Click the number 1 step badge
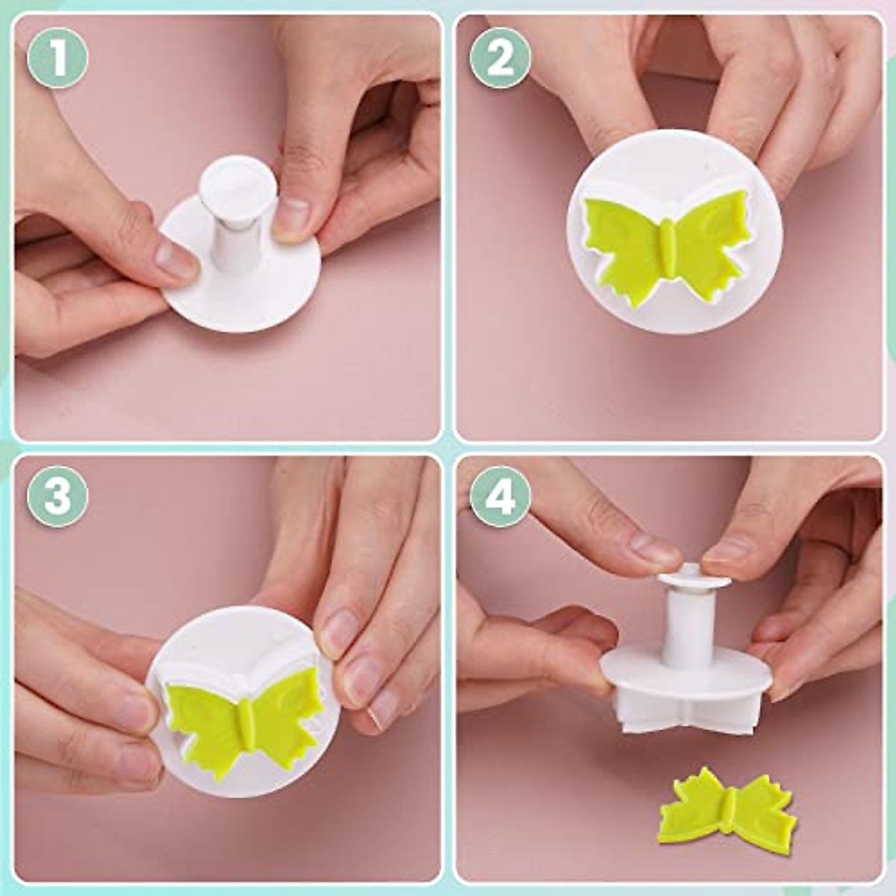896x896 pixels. click(x=57, y=57)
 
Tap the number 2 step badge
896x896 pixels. click(x=500, y=57)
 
